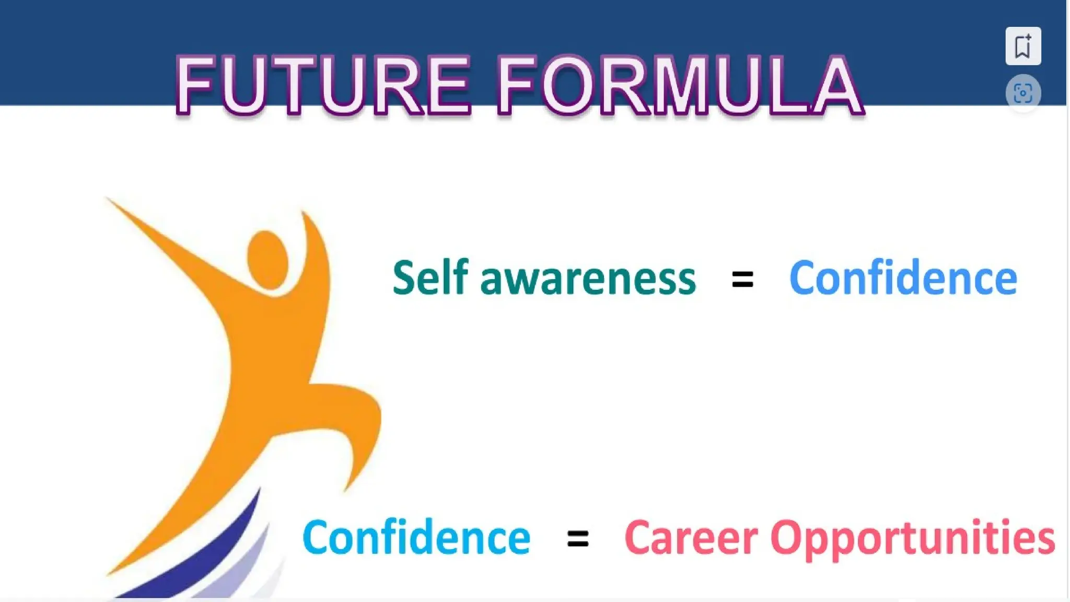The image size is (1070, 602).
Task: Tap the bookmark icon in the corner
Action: pos(1022,46)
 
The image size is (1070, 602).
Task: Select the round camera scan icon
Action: pos(1022,94)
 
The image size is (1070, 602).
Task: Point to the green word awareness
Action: pos(588,280)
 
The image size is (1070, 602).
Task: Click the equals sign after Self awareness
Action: pos(742,280)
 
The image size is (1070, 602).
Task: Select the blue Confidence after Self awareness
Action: pos(903,278)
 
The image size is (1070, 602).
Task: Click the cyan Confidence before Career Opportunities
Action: pos(416,537)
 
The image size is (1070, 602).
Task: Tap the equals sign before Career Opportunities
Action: pos(578,538)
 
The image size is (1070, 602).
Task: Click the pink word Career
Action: pos(691,537)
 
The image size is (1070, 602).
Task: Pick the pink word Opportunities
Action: pos(912,538)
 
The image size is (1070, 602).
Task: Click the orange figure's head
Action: pos(267,259)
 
